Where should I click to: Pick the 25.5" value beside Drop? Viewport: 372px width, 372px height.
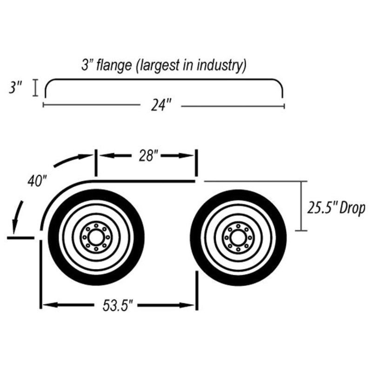click(x=322, y=208)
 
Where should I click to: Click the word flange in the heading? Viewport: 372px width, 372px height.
click(x=113, y=65)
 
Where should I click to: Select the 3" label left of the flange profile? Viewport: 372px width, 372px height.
click(x=15, y=87)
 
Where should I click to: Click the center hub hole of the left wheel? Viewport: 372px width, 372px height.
click(x=96, y=237)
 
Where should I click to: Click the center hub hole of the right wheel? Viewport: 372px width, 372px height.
click(x=238, y=238)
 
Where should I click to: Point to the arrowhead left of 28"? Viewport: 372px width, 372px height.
click(x=105, y=156)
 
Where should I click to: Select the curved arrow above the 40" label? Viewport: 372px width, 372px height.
click(x=73, y=160)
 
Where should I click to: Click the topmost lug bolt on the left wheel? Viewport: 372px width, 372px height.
click(x=96, y=225)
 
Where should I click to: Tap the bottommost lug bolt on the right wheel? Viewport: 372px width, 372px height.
click(x=238, y=249)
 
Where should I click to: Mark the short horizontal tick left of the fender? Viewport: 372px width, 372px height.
click(x=20, y=238)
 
